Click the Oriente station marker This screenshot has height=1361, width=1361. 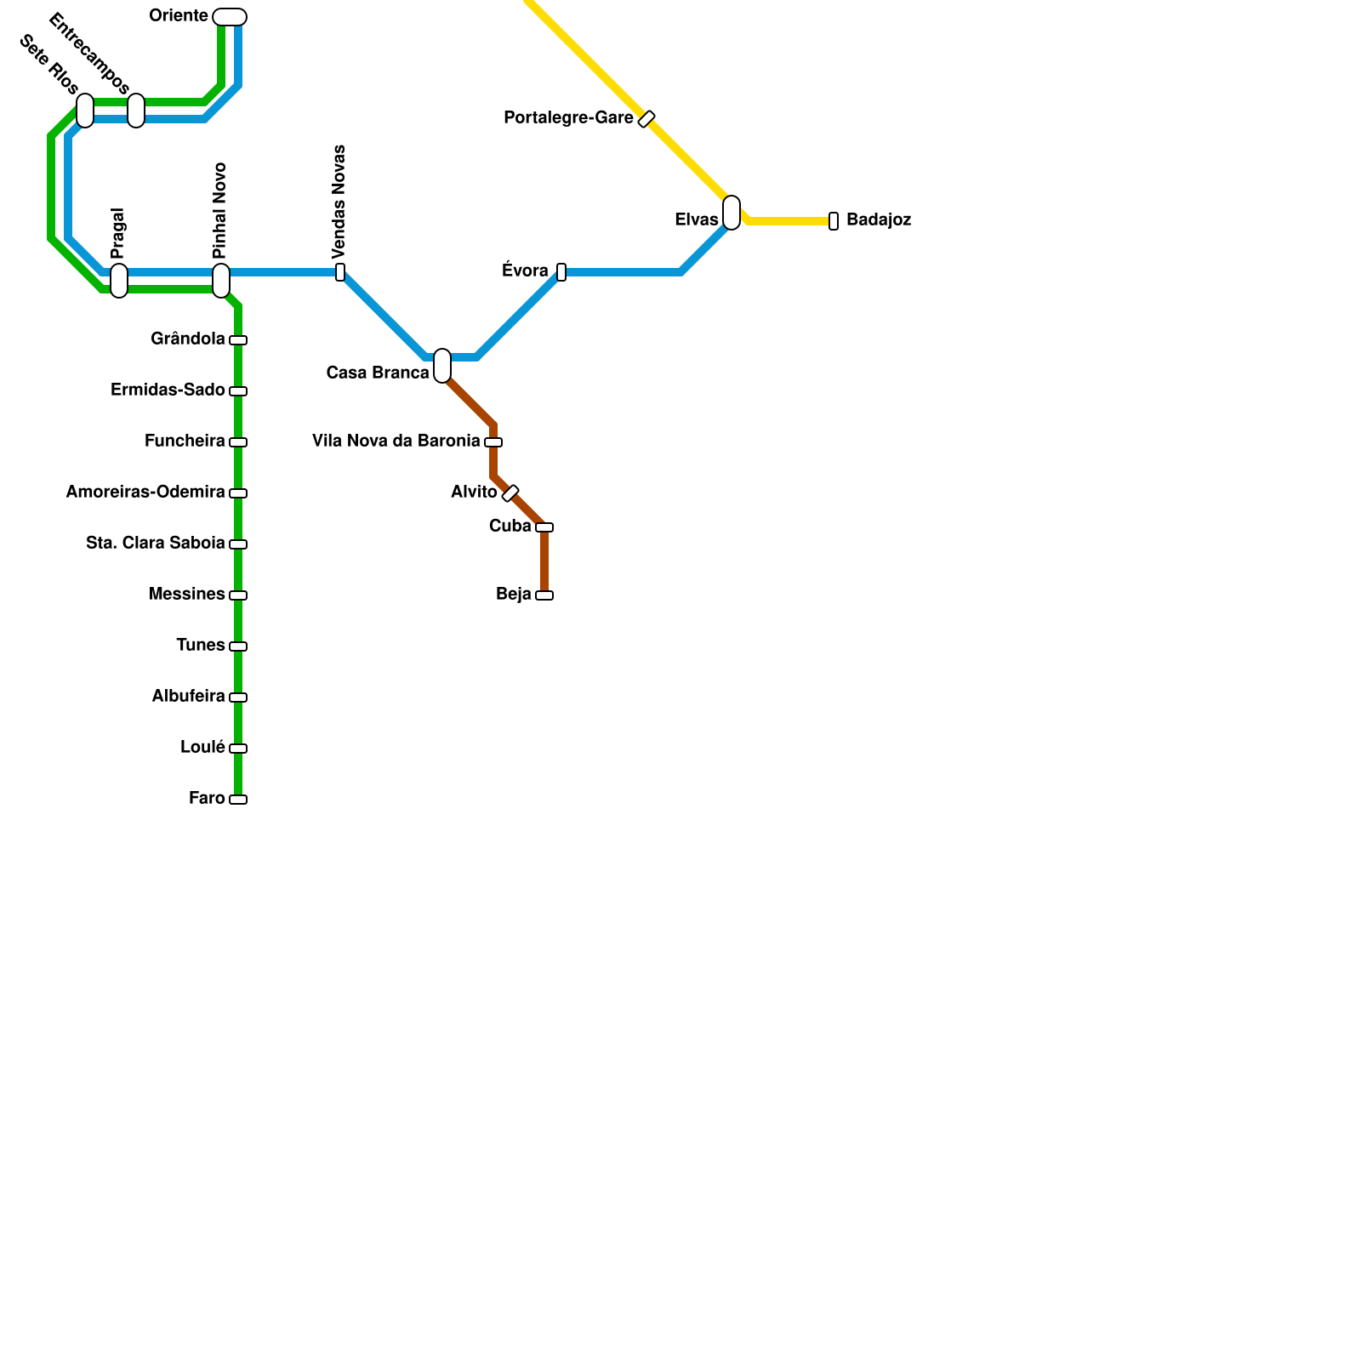[x=230, y=17]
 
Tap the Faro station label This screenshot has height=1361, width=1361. [x=207, y=799]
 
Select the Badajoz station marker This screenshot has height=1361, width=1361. [x=834, y=221]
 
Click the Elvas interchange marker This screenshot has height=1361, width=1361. [x=732, y=213]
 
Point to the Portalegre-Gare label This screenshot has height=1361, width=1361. [x=568, y=118]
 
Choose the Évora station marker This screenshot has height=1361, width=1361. [x=561, y=272]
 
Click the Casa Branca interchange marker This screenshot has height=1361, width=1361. [x=442, y=366]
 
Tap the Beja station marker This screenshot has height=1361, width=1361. [x=544, y=595]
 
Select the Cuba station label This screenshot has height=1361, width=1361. [x=510, y=527]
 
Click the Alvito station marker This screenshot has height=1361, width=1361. [x=510, y=493]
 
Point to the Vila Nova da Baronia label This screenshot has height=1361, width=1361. [x=396, y=441]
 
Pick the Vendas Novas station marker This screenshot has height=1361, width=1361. [x=340, y=272]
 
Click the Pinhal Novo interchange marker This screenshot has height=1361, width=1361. [x=221, y=281]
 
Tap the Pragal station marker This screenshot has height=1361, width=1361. [x=119, y=281]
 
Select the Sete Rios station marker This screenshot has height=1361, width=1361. [x=85, y=111]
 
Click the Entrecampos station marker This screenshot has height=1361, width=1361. [x=136, y=111]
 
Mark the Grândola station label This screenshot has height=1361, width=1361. [x=187, y=339]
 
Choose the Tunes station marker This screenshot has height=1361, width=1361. [x=238, y=646]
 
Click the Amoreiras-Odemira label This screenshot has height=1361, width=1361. [x=145, y=493]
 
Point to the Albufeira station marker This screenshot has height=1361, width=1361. [x=238, y=698]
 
